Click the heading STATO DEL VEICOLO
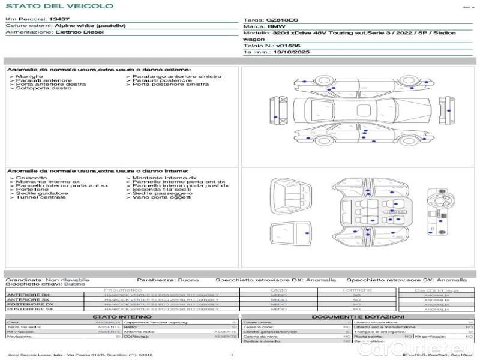[59, 6]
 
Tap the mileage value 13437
[59, 19]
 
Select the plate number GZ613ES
[282, 20]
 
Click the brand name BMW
[276, 27]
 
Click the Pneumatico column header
[122, 290]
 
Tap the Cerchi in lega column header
[436, 290]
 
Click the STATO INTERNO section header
[122, 317]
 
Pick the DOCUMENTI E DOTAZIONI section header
[358, 317]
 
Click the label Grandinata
[24, 280]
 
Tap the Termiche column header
[357, 290]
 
